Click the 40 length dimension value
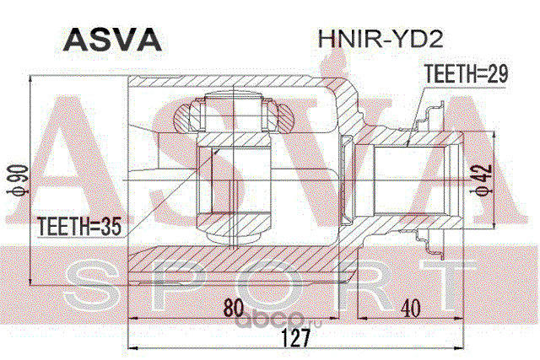tap(411, 309)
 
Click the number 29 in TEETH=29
tap(499, 74)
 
